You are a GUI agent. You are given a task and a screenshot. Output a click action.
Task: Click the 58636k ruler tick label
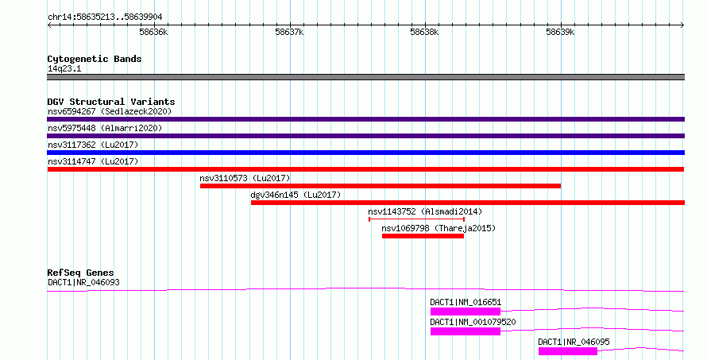tap(153, 32)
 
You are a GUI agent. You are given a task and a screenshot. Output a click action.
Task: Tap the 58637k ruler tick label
tap(289, 32)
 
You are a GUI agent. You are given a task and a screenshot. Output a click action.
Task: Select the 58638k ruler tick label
tap(424, 32)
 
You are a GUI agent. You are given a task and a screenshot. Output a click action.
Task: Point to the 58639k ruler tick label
tap(560, 32)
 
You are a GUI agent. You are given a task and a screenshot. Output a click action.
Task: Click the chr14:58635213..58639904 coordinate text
tap(105, 17)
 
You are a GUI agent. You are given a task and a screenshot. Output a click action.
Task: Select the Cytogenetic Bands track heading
tap(95, 59)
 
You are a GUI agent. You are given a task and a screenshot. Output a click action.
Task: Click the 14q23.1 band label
tap(64, 68)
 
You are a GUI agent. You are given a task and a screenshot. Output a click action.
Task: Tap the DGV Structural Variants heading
tap(111, 102)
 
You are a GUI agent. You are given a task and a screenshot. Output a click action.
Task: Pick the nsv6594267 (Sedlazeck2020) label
tap(110, 111)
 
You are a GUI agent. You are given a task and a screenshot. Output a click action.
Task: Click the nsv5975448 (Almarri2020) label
tap(105, 128)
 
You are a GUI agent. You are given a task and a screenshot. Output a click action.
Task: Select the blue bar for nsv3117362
tap(365, 153)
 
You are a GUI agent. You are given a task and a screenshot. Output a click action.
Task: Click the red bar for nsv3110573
tap(381, 186)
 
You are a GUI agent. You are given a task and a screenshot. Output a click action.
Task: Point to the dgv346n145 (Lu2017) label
tap(296, 195)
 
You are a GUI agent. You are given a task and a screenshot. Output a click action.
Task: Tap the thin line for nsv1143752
tap(416, 219)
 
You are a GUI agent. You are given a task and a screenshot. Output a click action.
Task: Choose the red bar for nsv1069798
tap(423, 236)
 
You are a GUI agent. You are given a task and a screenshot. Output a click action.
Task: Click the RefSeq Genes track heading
tap(81, 273)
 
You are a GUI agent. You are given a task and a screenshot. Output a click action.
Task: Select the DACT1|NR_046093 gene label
tap(84, 282)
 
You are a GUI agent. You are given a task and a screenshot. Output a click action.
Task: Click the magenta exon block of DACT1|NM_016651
tap(466, 312)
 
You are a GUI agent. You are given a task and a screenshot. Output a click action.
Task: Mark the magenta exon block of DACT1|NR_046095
tap(568, 351)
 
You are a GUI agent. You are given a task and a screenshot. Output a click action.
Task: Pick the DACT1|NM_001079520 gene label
tap(473, 322)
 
